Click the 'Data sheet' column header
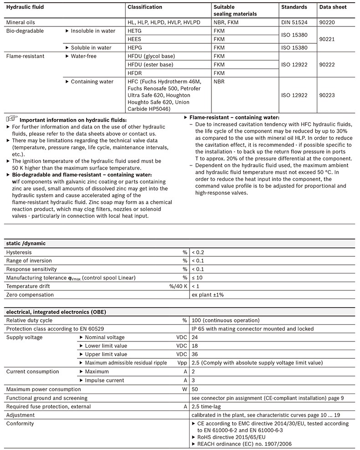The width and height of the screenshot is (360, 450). point(333,7)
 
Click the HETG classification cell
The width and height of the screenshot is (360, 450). point(135,31)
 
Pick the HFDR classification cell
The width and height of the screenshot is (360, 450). point(135,73)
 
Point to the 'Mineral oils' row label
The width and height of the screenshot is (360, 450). point(21,22)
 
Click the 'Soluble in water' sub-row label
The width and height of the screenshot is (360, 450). point(91,47)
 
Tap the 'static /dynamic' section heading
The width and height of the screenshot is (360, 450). point(26,243)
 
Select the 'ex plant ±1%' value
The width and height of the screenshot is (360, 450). point(207,295)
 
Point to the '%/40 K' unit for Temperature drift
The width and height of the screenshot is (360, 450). point(178,286)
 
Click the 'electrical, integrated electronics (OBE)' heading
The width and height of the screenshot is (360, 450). point(56,312)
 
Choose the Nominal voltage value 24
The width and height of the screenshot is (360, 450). point(195,337)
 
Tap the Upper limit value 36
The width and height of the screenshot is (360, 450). point(195,354)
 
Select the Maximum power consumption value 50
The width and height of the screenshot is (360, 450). point(195,389)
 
